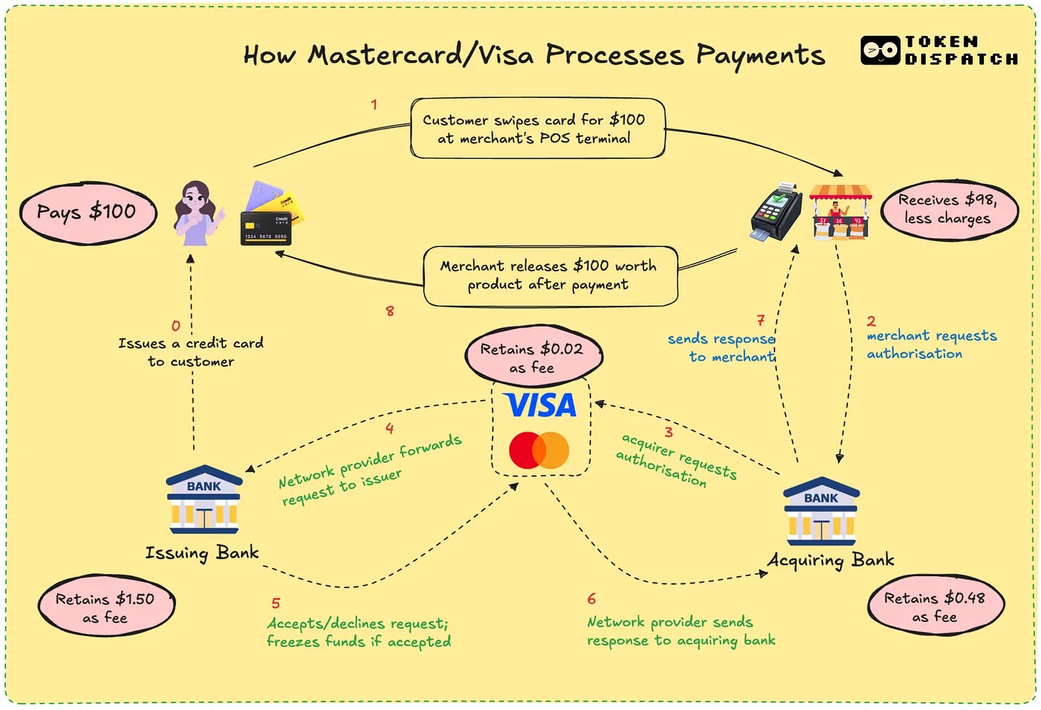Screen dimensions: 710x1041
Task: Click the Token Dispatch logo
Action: coord(939,51)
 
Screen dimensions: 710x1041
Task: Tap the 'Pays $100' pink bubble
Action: coord(87,213)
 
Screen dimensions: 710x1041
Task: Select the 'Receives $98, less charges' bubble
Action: coord(948,209)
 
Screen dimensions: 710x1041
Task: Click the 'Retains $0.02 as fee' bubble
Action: coord(533,357)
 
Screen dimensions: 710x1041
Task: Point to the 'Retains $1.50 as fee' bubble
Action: coord(106,608)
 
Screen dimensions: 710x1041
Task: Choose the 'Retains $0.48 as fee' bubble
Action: coord(935,606)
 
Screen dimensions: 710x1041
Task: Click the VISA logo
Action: coord(541,406)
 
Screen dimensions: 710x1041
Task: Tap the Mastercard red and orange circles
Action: coord(539,450)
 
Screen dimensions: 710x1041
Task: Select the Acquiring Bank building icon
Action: coord(821,511)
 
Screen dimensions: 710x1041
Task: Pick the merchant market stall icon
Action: coord(840,211)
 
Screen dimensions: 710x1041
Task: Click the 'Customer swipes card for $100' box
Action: coord(537,129)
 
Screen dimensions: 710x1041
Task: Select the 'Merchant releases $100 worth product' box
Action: coord(549,276)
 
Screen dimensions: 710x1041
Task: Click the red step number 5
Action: coord(275,603)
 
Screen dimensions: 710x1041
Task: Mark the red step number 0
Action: coord(176,326)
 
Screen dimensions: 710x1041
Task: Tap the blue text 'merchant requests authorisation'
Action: coord(930,344)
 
